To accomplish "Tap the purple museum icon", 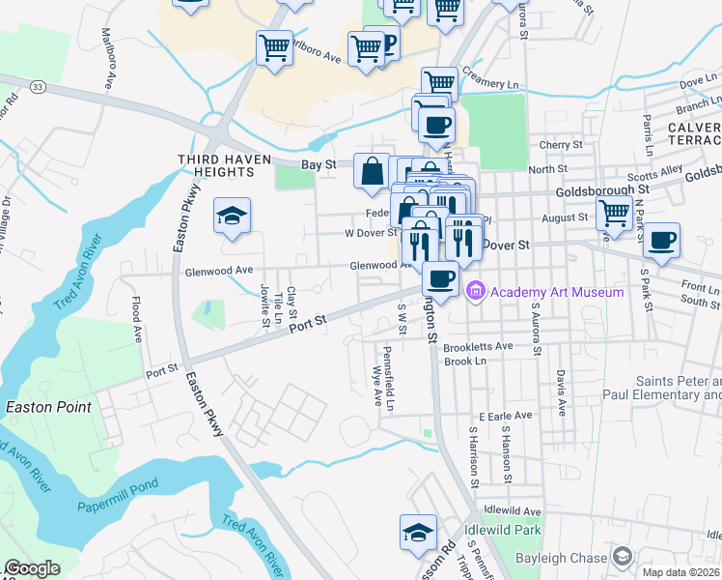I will click(x=475, y=291).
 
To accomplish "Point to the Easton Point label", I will click(x=48, y=407).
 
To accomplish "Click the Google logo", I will click(x=32, y=568).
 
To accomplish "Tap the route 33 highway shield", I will click(x=38, y=86).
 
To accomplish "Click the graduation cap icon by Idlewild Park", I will click(x=418, y=534).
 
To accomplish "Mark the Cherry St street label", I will click(x=557, y=145).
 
